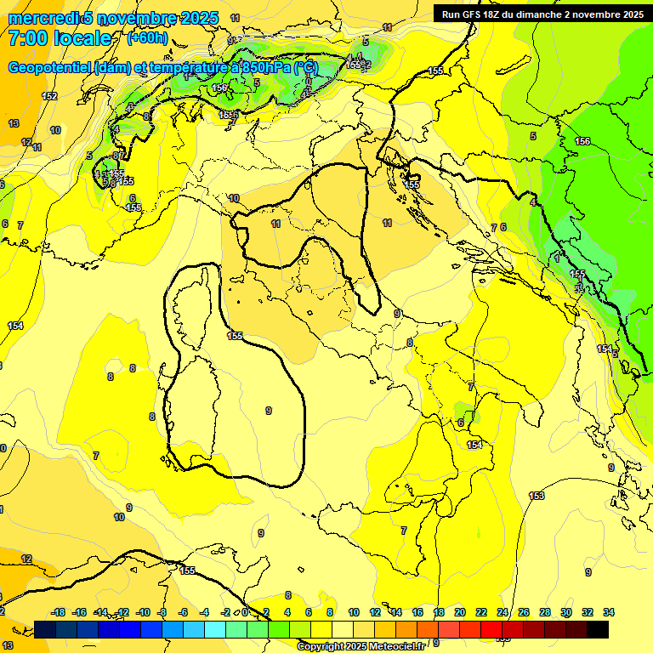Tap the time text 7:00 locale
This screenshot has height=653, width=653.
(x=60, y=38)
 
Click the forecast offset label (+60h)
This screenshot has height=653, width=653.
(x=147, y=38)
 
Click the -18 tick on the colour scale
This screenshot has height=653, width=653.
(x=59, y=612)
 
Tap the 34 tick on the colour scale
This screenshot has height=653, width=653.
(x=609, y=612)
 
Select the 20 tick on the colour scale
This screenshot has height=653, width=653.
(x=460, y=612)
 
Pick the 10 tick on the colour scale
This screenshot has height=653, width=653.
(x=354, y=612)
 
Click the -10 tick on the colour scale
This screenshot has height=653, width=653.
(x=143, y=612)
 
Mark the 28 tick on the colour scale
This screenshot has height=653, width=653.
(x=545, y=612)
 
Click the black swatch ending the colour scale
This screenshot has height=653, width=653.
(x=598, y=629)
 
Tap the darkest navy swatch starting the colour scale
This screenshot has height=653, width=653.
(x=45, y=629)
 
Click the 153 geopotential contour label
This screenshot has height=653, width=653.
(x=537, y=496)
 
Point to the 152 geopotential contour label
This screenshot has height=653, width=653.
(x=50, y=96)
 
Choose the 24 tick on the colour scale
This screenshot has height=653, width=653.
(x=503, y=612)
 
